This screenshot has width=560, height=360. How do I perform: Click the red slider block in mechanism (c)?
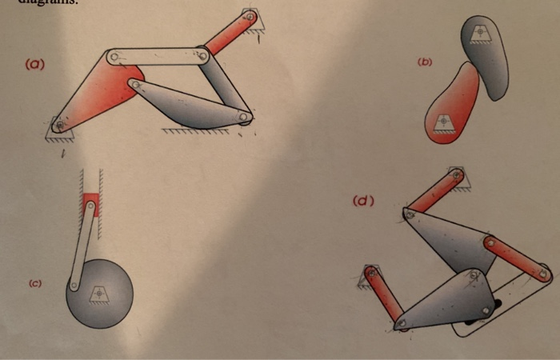[x=90, y=205]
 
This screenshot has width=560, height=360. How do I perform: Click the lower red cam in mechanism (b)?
[x=452, y=108]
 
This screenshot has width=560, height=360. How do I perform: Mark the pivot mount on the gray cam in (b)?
[x=480, y=32]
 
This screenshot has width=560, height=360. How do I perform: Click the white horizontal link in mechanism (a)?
[x=158, y=56]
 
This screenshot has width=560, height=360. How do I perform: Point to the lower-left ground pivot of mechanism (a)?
[x=58, y=126]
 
